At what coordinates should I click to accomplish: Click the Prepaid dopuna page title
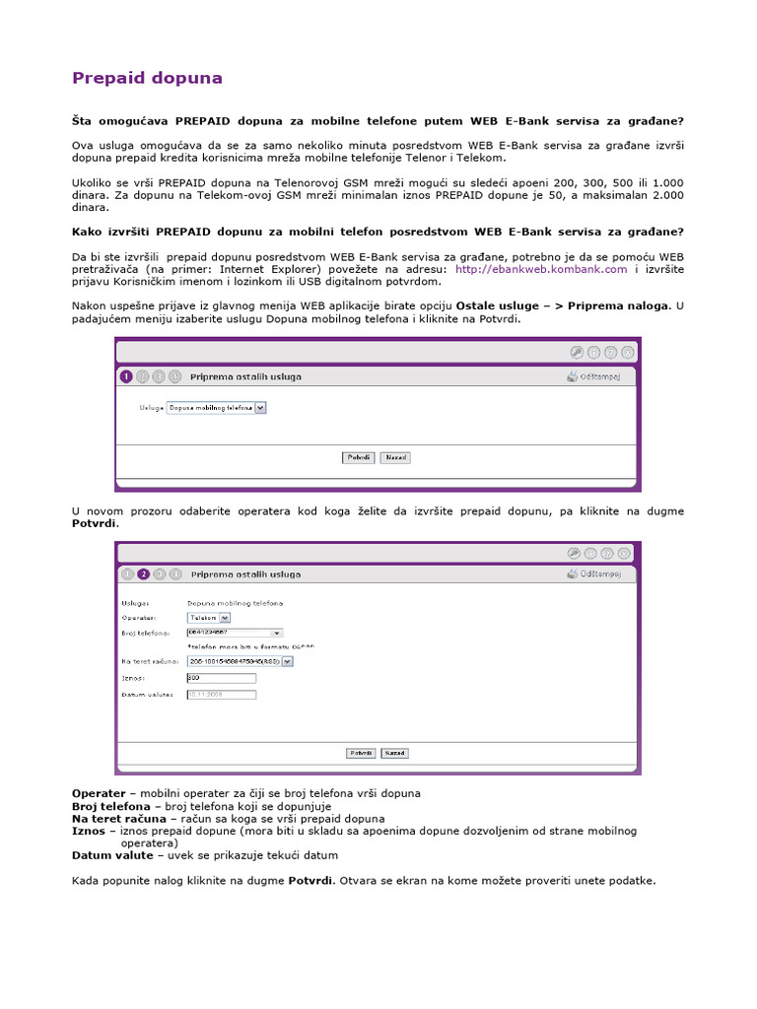147,78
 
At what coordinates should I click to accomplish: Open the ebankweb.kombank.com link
541,268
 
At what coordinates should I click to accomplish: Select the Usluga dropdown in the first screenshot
217,406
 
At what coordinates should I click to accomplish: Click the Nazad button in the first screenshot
395,457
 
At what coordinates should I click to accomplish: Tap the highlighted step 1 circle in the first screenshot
126,376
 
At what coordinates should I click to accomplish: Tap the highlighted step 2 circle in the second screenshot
143,573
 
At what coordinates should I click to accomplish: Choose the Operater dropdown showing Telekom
208,617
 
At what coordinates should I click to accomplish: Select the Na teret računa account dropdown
240,662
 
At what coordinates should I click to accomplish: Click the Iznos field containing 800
221,678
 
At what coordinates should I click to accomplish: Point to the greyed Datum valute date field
221,694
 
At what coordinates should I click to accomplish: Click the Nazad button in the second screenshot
395,753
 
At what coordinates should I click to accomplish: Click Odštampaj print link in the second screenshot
599,573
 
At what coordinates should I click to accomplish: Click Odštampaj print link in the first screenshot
599,376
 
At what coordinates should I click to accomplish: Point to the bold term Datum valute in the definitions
112,855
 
